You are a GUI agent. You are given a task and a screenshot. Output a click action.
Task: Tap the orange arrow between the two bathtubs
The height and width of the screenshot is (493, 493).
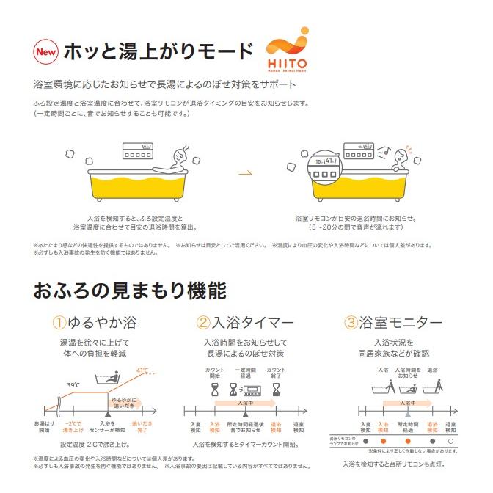[246, 173]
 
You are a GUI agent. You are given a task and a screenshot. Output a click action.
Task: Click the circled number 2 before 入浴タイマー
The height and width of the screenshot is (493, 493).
[203, 323]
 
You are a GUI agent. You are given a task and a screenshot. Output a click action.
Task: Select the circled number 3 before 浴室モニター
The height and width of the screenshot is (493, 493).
[351, 323]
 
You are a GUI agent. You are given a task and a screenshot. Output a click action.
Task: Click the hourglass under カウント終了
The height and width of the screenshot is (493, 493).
[276, 390]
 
